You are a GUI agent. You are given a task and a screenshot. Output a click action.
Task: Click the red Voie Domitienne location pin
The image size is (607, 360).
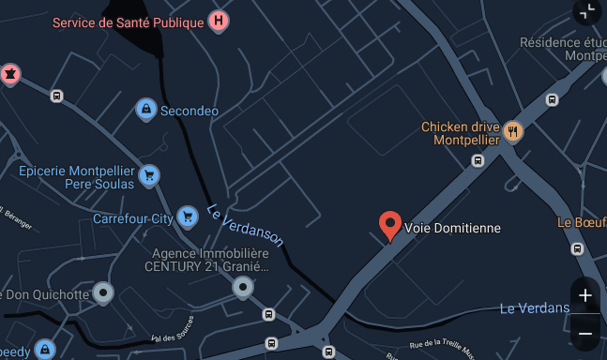click(x=390, y=225)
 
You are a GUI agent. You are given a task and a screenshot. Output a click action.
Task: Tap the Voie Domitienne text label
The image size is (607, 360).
click(x=452, y=228)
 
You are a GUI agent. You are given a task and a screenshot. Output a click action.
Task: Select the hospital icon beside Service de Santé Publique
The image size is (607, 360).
click(x=219, y=21)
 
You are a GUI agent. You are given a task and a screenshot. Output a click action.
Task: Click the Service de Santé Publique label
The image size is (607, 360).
click(x=128, y=22)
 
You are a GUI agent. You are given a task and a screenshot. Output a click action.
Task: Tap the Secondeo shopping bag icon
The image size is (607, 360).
click(x=145, y=111)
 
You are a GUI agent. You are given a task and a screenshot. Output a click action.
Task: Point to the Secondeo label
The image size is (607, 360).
click(x=190, y=111)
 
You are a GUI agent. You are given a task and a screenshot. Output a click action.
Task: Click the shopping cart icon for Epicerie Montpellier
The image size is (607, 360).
click(x=147, y=175)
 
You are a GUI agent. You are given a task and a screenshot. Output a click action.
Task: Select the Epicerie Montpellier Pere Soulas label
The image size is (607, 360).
click(x=77, y=177)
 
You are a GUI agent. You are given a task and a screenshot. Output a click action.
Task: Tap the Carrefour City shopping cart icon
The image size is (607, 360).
click(x=188, y=217)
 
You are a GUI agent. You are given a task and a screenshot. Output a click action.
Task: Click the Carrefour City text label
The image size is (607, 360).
click(x=133, y=218)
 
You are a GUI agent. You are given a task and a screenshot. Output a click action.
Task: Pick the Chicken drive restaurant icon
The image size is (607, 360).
click(x=512, y=131)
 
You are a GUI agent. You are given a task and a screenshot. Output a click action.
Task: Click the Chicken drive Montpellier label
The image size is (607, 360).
click(x=459, y=134)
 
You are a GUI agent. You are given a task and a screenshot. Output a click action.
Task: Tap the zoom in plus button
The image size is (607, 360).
click(x=585, y=295)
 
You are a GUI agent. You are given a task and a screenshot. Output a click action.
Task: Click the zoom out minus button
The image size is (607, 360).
click(x=585, y=333)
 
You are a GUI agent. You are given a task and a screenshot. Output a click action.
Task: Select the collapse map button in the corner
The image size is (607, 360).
click(x=587, y=11)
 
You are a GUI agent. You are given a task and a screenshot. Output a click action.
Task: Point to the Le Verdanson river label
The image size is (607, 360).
click(x=245, y=225)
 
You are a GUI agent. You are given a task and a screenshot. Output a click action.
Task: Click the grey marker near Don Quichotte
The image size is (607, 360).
click(x=103, y=294)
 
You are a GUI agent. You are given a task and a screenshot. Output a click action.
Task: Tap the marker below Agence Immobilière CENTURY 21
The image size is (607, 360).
click(x=243, y=287)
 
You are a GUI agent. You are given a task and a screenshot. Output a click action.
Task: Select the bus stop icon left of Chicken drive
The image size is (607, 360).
click(x=478, y=160)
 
